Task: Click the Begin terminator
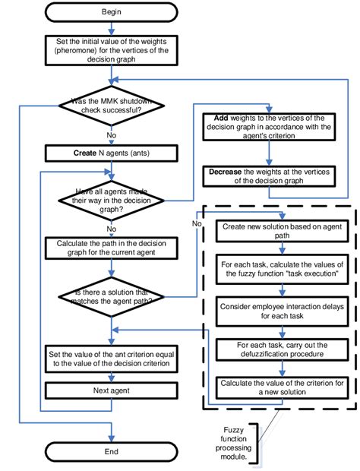point(112,13)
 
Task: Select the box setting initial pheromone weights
point(112,50)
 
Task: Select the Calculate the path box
point(112,248)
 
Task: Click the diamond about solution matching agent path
point(112,297)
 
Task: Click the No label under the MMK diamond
point(112,134)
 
